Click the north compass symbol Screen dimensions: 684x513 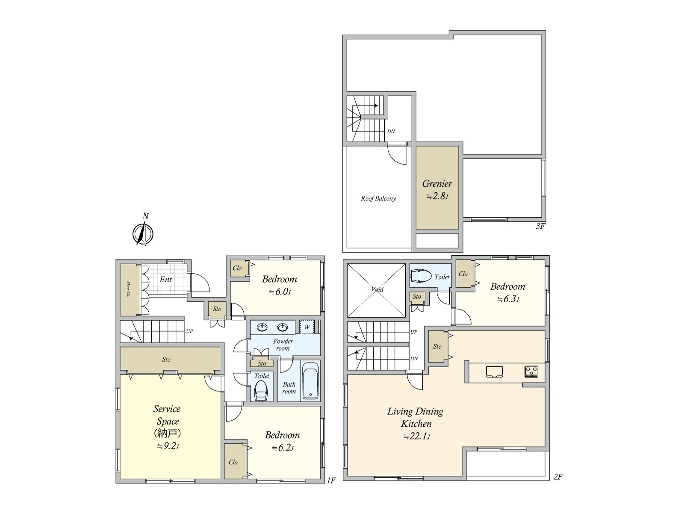[x=143, y=233]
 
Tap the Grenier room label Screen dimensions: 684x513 [x=437, y=184]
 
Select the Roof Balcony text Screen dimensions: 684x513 [x=378, y=198]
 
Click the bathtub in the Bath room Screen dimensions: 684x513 [x=311, y=380]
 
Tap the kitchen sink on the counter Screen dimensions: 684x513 [x=494, y=371]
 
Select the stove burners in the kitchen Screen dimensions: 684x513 [x=531, y=371]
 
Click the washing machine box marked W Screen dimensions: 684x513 [x=307, y=327]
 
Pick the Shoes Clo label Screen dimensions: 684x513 [x=128, y=289]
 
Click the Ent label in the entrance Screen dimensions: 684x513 [x=165, y=280]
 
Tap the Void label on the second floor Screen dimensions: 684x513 [x=377, y=289]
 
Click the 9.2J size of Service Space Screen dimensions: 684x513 [x=168, y=446]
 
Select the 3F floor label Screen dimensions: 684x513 [x=540, y=226]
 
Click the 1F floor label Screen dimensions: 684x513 [x=331, y=481]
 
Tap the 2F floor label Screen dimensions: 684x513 [x=558, y=477]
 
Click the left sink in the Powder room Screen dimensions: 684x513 [x=262, y=327]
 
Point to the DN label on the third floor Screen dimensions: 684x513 [x=391, y=131]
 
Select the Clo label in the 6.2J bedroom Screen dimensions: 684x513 [x=233, y=462]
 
